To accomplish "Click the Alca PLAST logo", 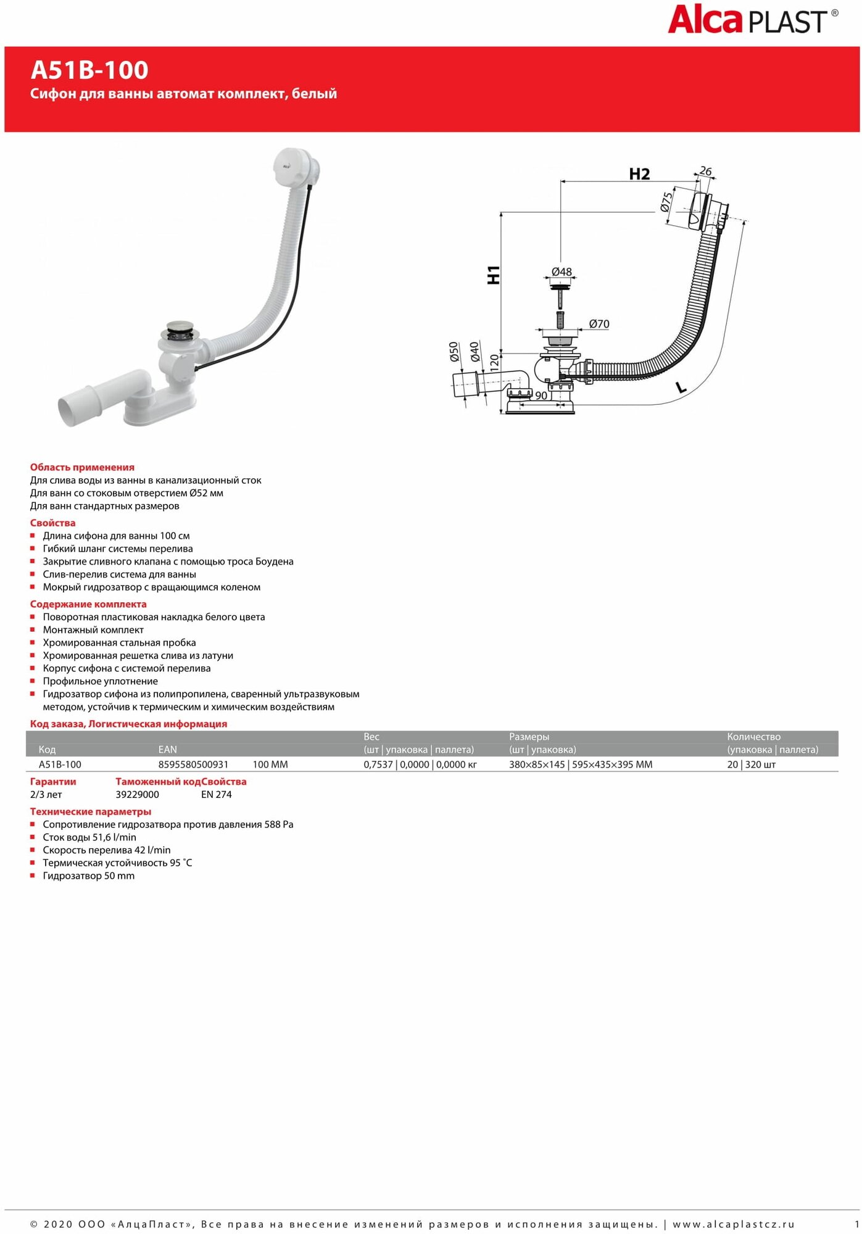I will (752, 20).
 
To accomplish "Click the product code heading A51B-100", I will (89, 70).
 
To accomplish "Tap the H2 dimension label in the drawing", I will (639, 175).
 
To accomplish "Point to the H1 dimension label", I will (494, 275).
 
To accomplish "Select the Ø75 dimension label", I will (666, 202).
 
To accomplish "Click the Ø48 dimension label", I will (562, 272).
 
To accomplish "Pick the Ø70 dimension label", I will (599, 324).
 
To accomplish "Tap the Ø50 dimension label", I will (454, 352).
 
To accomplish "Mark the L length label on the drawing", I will (681, 387).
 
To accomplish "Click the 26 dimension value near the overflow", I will (705, 172).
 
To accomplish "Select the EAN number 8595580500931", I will (193, 764).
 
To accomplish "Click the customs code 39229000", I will (137, 795).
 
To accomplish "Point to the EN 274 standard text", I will (216, 795).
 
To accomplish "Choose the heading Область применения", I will (82, 467).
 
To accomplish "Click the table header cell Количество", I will (753, 737).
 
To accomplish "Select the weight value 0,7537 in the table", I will (378, 764).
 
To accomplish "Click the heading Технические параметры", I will (90, 811).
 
